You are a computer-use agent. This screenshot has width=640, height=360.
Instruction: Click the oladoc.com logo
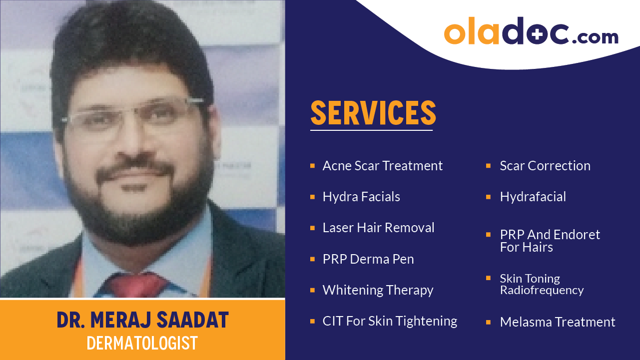tap(531, 32)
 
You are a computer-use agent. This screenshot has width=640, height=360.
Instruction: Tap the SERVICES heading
tap(373, 113)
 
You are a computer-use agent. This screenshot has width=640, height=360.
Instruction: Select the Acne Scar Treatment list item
tap(383, 166)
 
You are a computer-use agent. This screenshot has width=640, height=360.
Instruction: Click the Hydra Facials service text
tap(361, 197)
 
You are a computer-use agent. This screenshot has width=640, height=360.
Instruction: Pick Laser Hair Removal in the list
tap(378, 228)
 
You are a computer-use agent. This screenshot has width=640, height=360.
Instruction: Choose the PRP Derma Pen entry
tap(368, 259)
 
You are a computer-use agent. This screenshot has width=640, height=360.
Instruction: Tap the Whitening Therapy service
tap(378, 290)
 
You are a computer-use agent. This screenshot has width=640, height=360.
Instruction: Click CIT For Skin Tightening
tap(390, 321)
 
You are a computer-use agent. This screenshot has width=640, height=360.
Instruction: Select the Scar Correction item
tap(545, 166)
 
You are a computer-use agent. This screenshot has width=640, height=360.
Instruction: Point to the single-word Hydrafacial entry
tap(533, 197)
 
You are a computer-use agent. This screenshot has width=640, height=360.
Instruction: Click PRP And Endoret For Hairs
tap(550, 241)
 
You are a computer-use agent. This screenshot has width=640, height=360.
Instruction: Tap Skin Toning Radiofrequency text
tap(542, 284)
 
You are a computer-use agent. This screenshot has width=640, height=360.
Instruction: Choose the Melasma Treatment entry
tap(558, 322)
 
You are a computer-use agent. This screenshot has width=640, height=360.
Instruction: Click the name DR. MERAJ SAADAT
tap(142, 321)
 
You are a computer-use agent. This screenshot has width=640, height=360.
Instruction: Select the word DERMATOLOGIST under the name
tap(142, 343)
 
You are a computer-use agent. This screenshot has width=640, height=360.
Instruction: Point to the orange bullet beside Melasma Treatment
tap(488, 322)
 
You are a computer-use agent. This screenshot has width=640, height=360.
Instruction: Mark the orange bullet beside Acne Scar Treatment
tap(312, 165)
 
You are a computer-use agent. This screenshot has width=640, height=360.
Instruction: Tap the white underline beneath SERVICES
tap(371, 130)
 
